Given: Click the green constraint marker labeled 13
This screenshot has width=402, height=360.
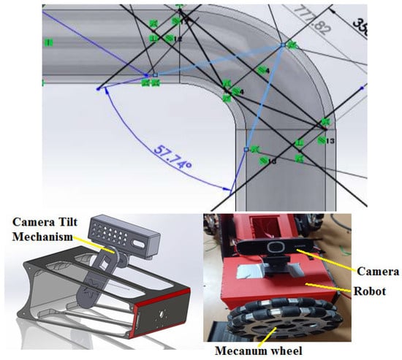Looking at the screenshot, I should (x=322, y=139).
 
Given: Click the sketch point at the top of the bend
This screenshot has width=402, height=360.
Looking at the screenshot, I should (x=283, y=45).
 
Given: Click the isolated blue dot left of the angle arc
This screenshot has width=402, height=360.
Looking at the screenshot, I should (x=99, y=88).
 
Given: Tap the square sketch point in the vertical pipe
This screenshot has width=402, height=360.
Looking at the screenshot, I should (x=246, y=149).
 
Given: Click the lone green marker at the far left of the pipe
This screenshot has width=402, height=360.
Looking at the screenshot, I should (x=49, y=42).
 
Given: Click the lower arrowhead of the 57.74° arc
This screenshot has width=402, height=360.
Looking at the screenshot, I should (x=232, y=192).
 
